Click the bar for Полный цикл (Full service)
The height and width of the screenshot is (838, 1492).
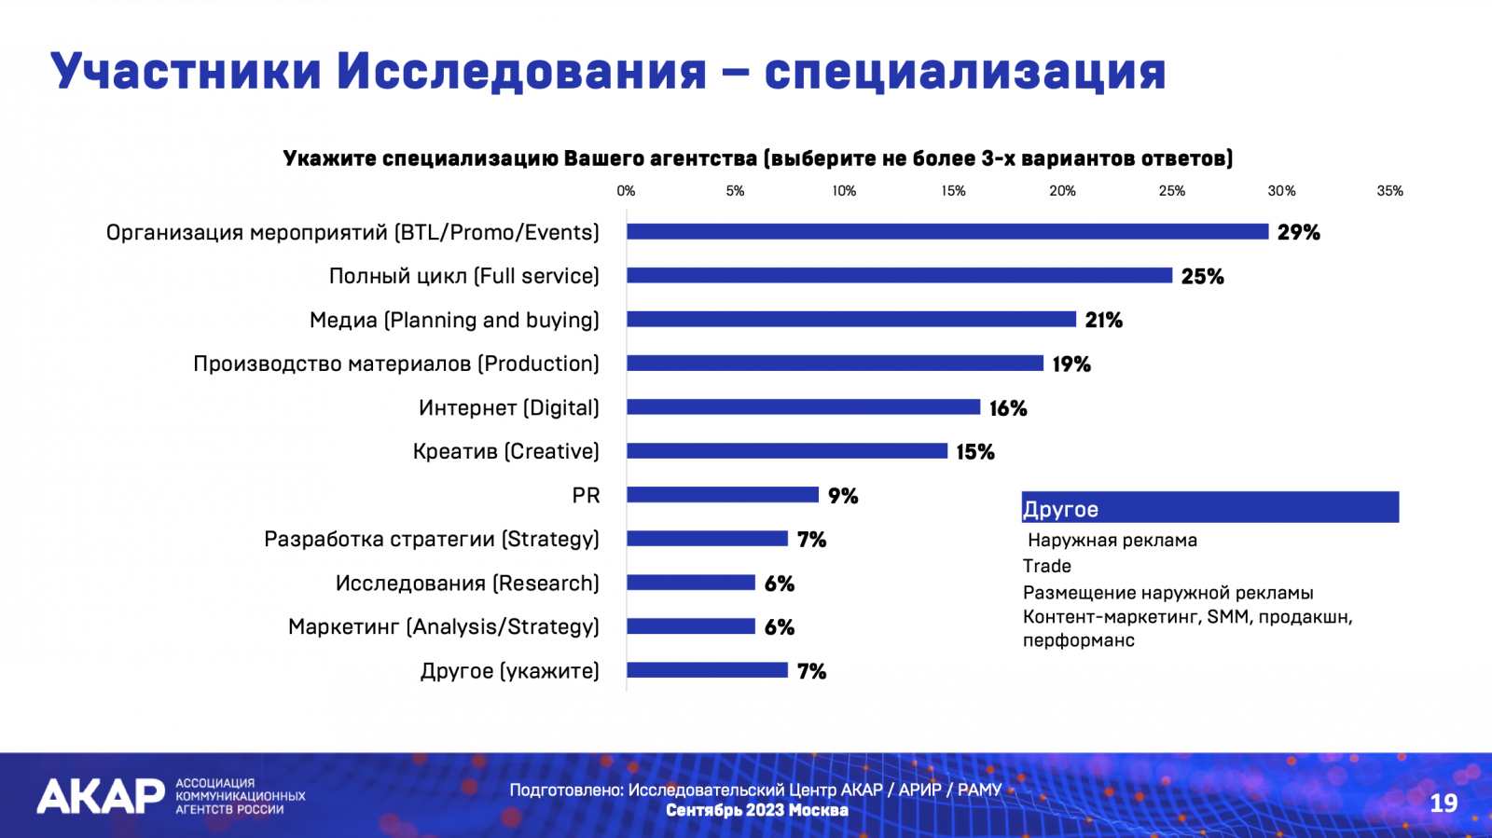click(x=899, y=276)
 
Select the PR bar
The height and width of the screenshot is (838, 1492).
click(x=723, y=495)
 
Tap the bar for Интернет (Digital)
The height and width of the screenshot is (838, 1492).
click(x=803, y=407)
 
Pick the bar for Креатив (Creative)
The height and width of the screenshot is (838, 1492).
click(x=787, y=451)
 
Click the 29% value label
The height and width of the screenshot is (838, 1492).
click(x=1298, y=232)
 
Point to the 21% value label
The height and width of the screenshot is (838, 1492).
click(x=1103, y=320)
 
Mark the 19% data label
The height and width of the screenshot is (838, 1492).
click(x=1071, y=364)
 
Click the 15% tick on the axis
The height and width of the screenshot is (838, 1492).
click(x=953, y=191)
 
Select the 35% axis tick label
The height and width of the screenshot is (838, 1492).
click(x=1389, y=191)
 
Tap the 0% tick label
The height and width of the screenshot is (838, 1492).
click(x=626, y=191)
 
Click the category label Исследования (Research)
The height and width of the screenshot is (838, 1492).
click(x=467, y=584)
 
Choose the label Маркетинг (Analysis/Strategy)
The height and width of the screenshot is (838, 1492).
click(x=444, y=627)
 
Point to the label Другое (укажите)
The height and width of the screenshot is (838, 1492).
click(x=510, y=671)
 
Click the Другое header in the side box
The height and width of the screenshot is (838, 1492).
click(x=1061, y=509)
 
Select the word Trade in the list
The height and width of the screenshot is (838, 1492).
click(x=1047, y=566)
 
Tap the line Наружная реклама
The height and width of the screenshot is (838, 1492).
click(x=1112, y=541)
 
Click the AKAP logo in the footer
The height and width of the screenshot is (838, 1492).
click(x=101, y=797)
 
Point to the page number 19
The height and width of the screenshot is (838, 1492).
click(x=1443, y=803)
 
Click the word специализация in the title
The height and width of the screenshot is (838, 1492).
click(x=965, y=71)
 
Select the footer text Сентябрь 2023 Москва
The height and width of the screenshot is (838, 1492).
click(x=756, y=810)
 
